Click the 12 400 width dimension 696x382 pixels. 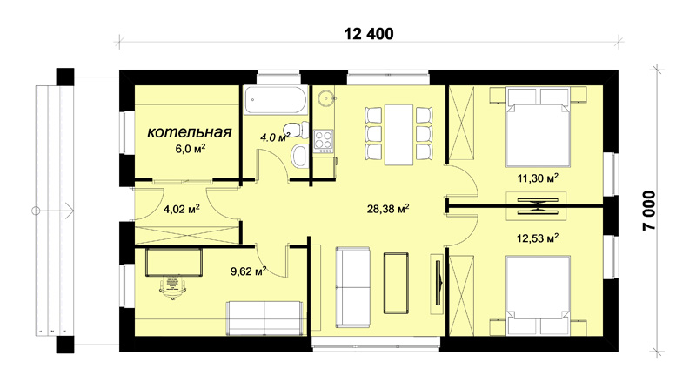[369, 34]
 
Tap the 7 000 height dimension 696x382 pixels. [648, 211]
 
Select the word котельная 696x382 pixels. [190, 132]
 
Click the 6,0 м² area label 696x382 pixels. [191, 148]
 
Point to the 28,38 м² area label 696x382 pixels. [388, 208]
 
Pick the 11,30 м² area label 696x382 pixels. [538, 178]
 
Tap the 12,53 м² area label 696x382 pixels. [538, 238]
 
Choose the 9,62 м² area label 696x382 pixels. [249, 271]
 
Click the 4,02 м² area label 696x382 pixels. [182, 209]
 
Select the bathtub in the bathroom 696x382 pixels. [275, 100]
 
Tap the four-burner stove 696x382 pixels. [323, 139]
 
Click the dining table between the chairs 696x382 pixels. [399, 135]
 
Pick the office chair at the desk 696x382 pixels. [172, 287]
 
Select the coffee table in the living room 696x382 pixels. [397, 284]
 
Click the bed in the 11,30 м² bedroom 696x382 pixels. [539, 128]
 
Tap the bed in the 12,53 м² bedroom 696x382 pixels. [539, 295]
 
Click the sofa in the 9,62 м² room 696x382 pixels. [265, 318]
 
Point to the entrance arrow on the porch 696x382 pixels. [53, 211]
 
